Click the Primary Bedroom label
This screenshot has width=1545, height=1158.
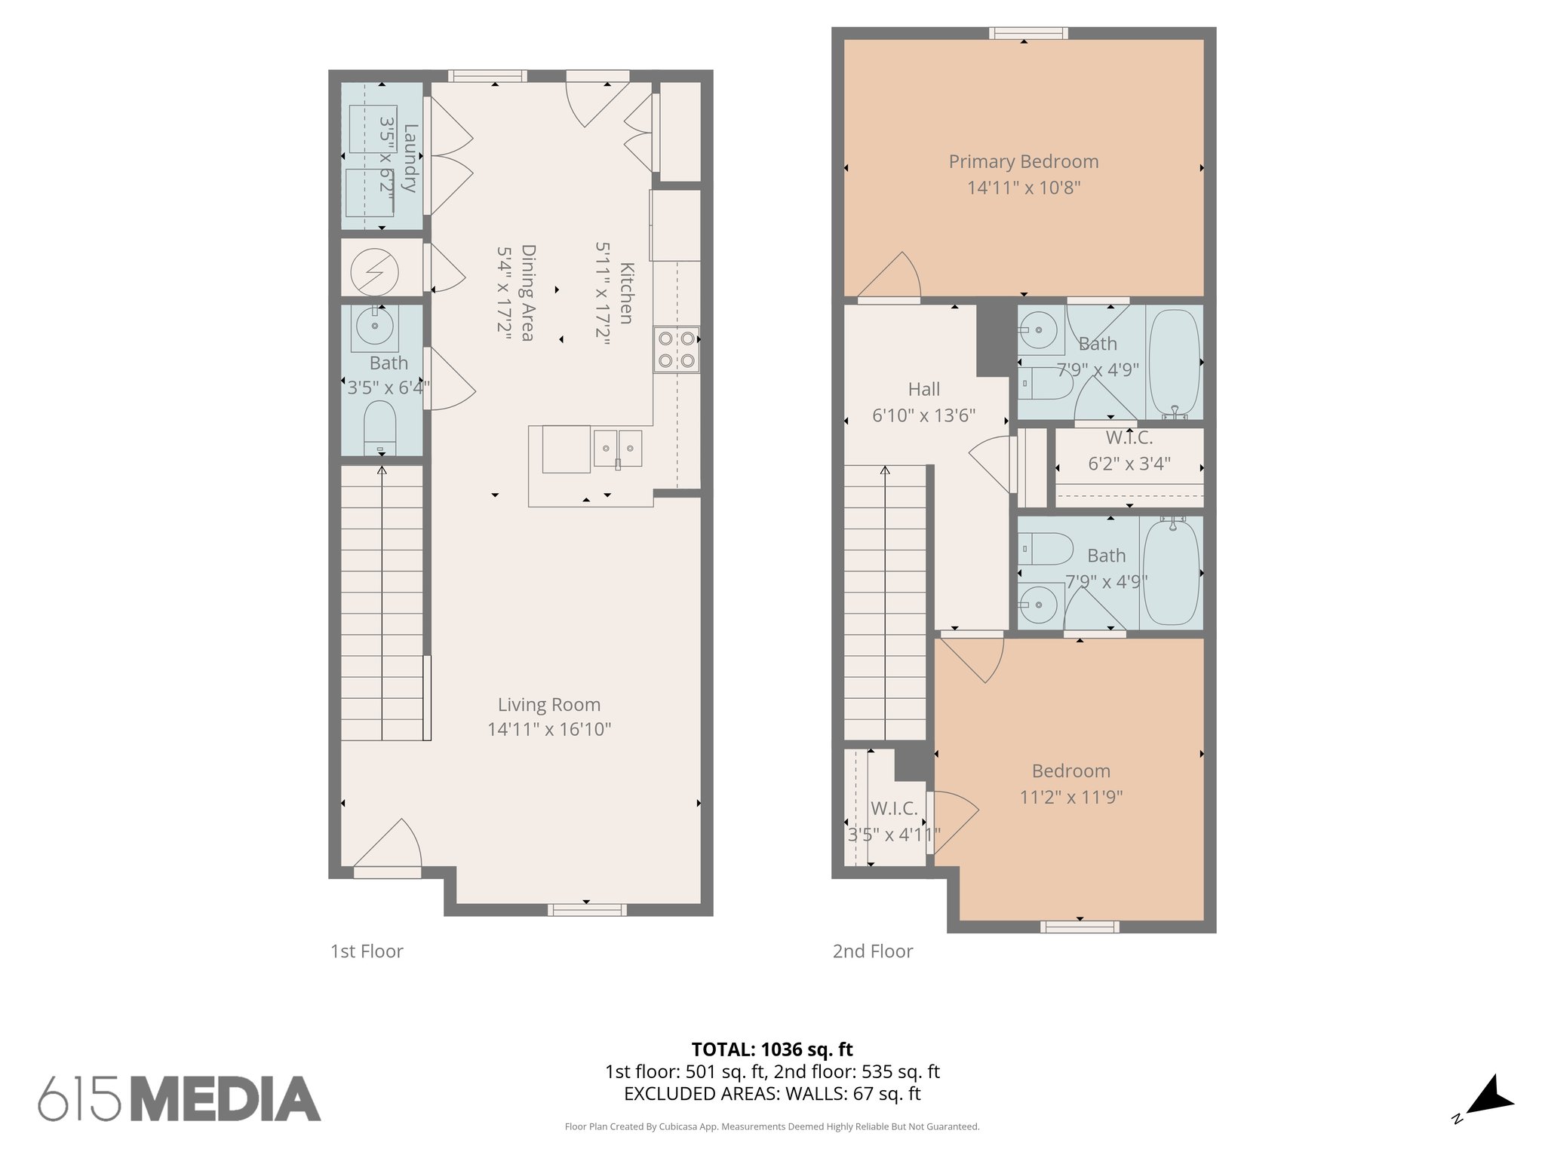coord(1023,161)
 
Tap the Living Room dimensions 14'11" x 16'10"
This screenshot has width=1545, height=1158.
coord(548,729)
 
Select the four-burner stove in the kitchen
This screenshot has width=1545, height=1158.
coord(676,349)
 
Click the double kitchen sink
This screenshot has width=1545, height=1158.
coord(617,449)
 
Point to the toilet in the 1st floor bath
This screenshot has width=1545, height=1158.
coord(380,427)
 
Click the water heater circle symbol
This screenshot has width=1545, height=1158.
coord(375,271)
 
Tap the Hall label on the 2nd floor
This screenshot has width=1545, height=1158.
coord(923,389)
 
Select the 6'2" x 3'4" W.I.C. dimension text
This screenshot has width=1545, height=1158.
coord(1129,464)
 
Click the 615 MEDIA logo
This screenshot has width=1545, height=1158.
coord(180,1098)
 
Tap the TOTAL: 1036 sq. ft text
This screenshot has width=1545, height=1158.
coord(772,1049)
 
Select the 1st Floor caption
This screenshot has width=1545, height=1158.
coord(367,951)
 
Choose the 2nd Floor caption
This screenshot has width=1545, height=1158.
coord(872,951)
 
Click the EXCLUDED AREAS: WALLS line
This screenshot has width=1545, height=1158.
coord(772,1093)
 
